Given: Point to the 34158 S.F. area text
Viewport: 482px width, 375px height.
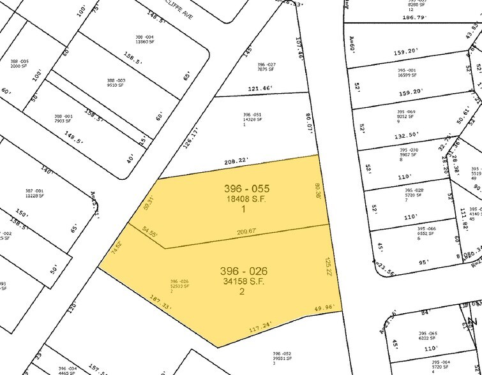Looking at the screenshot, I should (x=242, y=280).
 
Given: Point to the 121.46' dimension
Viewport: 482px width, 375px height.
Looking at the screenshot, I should (x=259, y=87).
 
